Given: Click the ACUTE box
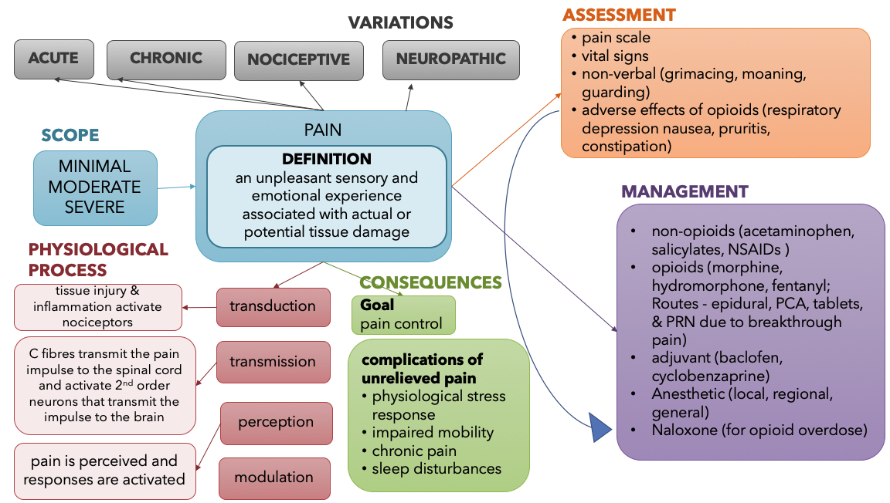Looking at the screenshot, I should click(x=54, y=59).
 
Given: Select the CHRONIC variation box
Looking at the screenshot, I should click(x=166, y=59).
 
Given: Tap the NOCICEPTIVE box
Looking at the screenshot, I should click(x=299, y=60).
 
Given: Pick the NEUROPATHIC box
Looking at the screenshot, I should click(x=450, y=59).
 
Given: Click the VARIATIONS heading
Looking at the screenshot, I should click(x=400, y=22).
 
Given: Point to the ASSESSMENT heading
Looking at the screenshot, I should click(x=618, y=15).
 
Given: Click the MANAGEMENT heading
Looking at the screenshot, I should click(x=684, y=191).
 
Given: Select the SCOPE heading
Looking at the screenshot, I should click(x=70, y=136).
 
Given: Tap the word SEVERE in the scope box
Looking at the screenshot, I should click(x=94, y=207).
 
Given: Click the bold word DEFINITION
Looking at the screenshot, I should click(x=326, y=160).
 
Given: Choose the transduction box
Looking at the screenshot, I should click(x=272, y=306).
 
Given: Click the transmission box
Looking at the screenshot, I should click(x=272, y=362).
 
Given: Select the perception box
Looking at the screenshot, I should click(x=275, y=423).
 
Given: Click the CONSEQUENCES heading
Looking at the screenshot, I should click(x=430, y=282).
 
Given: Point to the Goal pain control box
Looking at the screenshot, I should click(x=403, y=315).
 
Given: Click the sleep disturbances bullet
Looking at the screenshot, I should click(x=436, y=468).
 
